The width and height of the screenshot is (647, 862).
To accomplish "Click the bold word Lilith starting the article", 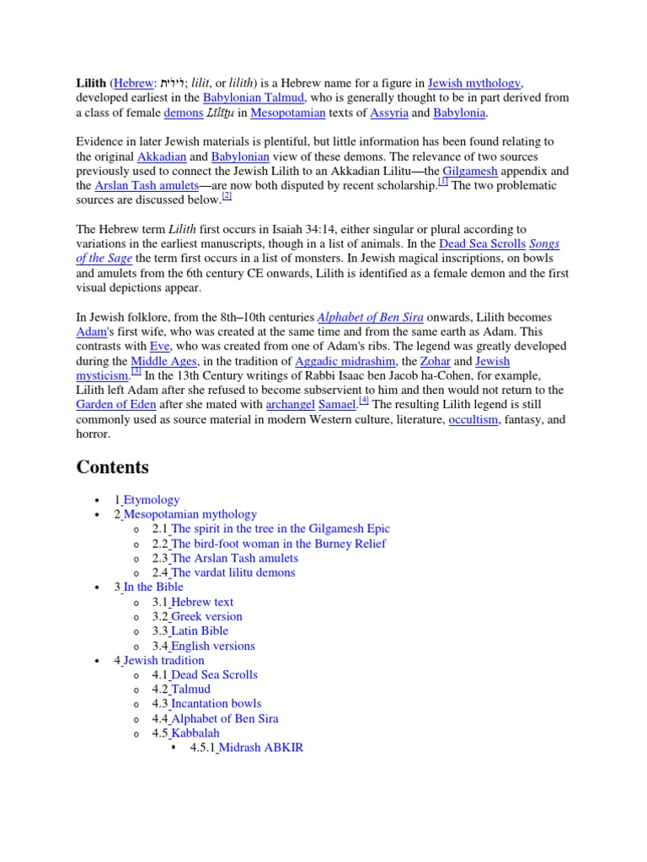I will point(91,82).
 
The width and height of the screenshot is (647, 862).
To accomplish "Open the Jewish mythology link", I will point(474,82).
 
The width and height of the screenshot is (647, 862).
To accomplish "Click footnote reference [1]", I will point(443,182).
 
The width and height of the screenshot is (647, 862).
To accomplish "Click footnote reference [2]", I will point(226,197).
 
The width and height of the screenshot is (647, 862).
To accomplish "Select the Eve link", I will point(160,347).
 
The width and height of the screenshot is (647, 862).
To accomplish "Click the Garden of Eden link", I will point(116,405).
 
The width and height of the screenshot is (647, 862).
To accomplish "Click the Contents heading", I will point(112,466).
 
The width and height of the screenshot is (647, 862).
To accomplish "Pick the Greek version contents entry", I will point(206,616).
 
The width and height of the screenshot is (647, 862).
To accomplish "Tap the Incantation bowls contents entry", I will point(216,703).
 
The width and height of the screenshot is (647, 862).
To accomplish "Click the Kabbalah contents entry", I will point(195,732).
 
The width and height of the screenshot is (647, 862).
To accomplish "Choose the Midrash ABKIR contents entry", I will point(259,747).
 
